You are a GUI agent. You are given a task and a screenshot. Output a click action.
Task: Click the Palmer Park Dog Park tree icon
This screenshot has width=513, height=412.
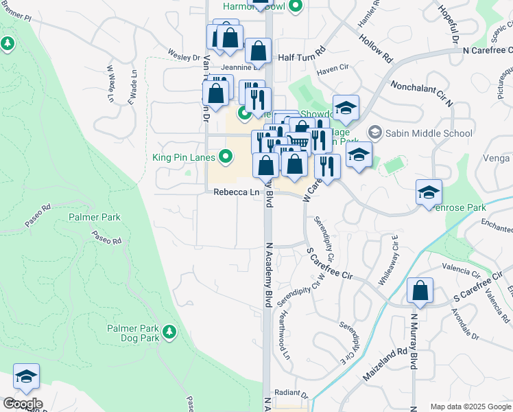point(169,333)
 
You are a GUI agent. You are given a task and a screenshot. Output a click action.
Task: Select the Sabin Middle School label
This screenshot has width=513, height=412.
point(429,133)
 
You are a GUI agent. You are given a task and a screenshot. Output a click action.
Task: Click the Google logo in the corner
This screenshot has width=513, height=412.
point(23,403)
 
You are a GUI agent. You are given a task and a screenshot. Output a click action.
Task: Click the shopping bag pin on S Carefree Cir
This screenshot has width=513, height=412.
point(420,291)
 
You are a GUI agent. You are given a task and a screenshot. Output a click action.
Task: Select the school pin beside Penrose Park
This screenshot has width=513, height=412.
point(429,193)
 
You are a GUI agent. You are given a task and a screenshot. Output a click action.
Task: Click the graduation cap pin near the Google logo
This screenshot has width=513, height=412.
point(26,377)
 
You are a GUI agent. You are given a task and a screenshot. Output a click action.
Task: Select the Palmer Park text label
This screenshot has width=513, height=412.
point(95,217)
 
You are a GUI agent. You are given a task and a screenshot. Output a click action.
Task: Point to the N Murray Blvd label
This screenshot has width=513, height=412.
point(414,343)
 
